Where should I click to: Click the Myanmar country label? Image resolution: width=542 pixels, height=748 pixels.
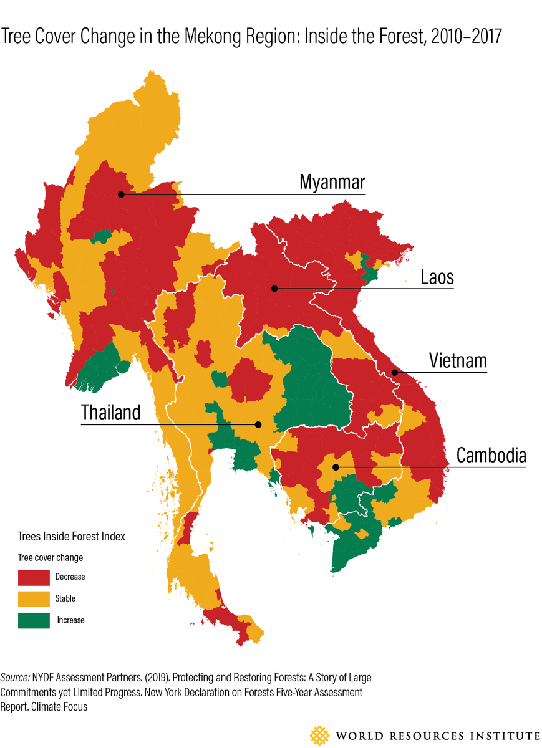332,183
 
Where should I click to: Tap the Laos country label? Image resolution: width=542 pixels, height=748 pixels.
437,277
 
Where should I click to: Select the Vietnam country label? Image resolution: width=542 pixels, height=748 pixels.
457,361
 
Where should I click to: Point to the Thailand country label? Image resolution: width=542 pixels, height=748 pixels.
111,413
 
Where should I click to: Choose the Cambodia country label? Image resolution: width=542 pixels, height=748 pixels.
491,455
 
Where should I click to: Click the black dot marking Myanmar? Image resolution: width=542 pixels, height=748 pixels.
121,194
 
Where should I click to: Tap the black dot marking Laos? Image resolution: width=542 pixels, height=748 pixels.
273,289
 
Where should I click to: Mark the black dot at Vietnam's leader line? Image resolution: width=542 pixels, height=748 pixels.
394,373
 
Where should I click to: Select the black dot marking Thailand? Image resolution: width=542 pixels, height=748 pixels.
258,424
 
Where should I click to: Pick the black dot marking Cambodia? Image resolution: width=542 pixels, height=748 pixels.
336,467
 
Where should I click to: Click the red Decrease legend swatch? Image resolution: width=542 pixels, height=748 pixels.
34,577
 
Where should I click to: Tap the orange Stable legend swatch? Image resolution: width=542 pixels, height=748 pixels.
34,598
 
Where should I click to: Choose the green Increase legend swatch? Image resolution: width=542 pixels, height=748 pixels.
34,620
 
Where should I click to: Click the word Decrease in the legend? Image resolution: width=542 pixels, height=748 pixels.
70,577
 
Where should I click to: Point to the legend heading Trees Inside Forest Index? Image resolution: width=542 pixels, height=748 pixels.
71,536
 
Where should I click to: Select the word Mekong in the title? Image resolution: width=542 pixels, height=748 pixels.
208,37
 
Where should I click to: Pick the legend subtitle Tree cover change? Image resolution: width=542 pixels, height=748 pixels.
50,557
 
